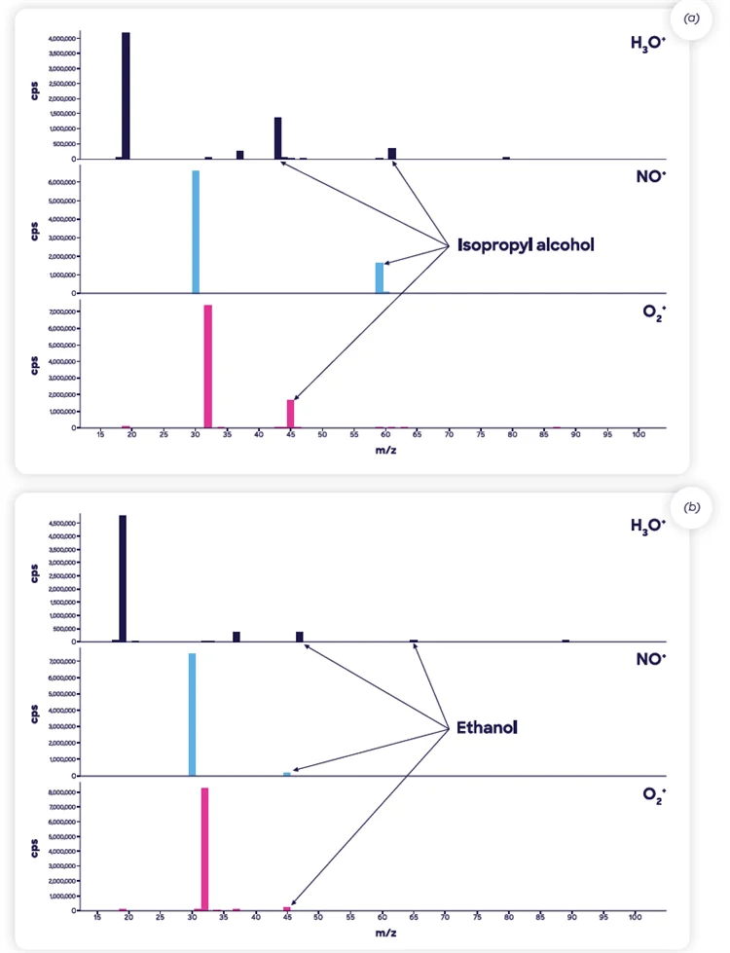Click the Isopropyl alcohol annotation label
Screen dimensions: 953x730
526,245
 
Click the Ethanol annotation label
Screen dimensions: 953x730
487,727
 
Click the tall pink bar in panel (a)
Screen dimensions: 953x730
207,366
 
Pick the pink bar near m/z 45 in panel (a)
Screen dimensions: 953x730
290,414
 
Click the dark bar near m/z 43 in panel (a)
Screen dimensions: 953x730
277,138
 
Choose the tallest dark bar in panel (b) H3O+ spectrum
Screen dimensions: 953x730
123,578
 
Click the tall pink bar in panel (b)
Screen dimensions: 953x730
204,849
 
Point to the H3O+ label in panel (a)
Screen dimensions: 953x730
648,43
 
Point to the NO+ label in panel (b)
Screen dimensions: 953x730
650,659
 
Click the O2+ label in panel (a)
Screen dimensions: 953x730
652,316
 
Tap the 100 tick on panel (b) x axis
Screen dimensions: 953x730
635,918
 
